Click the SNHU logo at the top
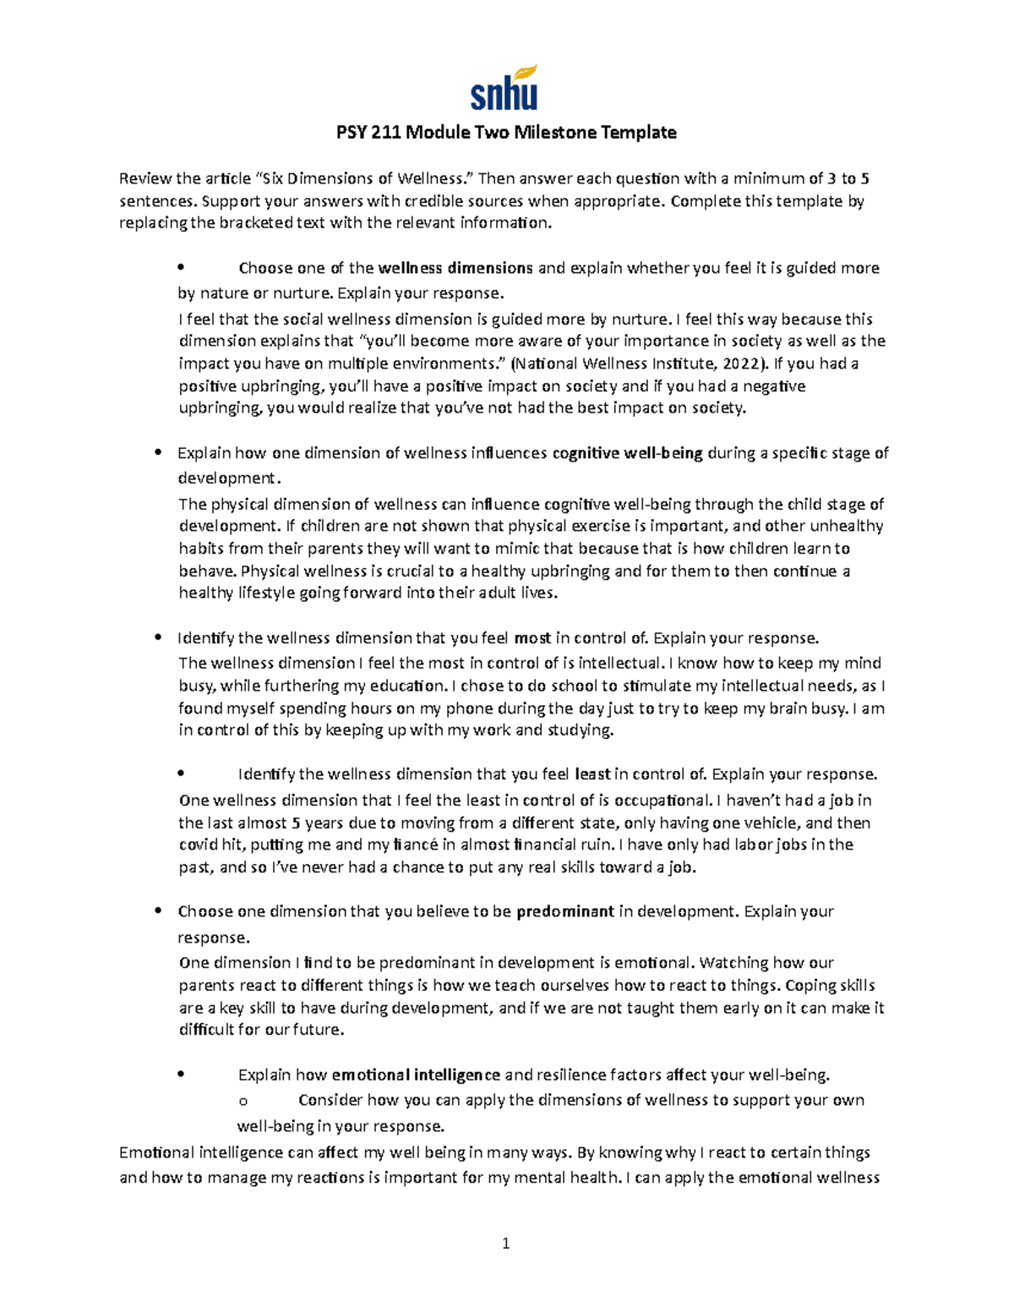504,88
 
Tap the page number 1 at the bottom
505,1243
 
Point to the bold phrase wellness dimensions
455,269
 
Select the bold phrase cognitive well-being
627,454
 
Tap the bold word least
592,774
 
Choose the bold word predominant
564,912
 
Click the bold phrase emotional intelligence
416,1075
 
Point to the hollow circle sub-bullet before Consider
243,1102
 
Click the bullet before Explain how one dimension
158,454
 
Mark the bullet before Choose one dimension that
158,912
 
